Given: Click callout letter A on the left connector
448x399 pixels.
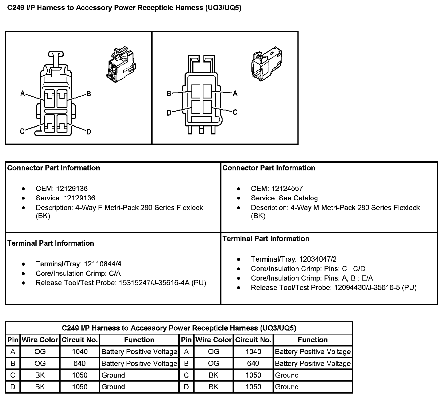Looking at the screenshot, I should (23, 93).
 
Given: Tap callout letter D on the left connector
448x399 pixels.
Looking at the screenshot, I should (89, 132).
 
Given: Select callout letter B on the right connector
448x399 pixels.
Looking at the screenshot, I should (169, 94).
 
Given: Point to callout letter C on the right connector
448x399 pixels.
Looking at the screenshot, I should (235, 112).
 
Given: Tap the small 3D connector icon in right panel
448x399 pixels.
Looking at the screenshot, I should (267, 63).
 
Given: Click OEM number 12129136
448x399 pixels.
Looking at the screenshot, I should (72, 188).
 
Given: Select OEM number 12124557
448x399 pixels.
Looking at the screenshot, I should (287, 188).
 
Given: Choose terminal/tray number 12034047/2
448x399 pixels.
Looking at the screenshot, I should (318, 259).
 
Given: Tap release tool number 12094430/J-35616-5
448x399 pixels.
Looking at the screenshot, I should (367, 287).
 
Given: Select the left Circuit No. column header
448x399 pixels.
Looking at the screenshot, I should (80, 340).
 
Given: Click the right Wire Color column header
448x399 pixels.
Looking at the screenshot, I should (213, 340).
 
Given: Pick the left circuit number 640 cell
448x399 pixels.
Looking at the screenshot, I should (80, 363).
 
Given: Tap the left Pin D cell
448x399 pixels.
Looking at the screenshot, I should (13, 387).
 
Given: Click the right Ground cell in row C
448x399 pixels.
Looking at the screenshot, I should (287, 375).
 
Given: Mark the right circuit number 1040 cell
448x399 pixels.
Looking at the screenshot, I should (253, 352).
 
